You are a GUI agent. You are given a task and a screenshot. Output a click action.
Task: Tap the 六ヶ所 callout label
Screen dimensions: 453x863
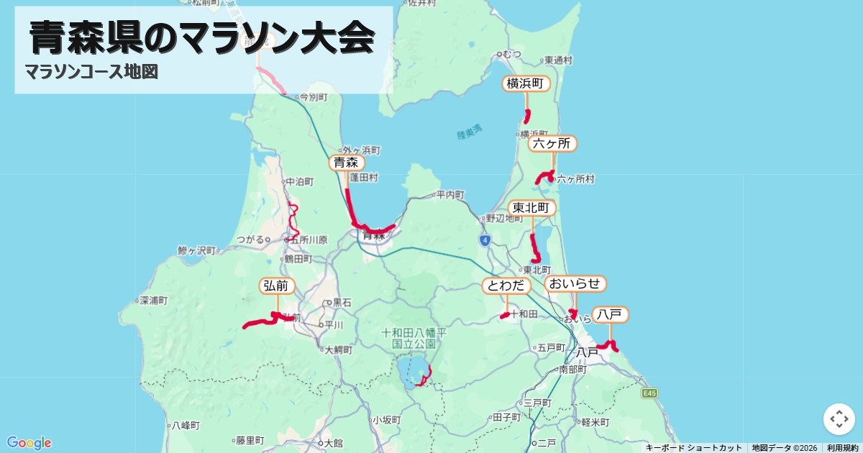552,144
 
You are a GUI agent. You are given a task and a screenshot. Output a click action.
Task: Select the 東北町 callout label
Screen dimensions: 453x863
531,209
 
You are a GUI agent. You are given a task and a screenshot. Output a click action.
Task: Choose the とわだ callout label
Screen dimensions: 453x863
506,286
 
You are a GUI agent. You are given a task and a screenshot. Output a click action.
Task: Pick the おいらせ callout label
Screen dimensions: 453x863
575,283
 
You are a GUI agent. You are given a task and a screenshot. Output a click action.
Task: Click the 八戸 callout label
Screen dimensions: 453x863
611,314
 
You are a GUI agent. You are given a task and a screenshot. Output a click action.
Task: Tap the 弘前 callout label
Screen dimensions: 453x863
276,286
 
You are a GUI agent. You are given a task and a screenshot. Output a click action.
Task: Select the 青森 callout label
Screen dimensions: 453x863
346,163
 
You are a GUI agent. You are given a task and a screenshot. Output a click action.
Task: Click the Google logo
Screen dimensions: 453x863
29,442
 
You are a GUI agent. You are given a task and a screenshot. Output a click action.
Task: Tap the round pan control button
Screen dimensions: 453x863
839,418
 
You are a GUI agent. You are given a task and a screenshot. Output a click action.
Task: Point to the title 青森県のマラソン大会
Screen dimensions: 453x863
202,37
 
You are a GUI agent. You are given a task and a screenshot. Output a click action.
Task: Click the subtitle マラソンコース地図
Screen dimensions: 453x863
91,72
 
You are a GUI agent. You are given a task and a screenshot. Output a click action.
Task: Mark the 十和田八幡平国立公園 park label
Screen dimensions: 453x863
414,338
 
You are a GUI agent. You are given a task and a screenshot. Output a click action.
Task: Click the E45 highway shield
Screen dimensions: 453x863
650,393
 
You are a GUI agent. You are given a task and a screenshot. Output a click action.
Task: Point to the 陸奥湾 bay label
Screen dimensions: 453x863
470,133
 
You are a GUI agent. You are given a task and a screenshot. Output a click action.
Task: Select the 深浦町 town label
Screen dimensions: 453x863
154,300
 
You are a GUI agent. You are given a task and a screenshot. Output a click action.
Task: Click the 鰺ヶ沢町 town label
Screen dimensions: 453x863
196,251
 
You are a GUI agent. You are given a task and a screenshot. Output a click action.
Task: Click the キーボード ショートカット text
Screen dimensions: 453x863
693,447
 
